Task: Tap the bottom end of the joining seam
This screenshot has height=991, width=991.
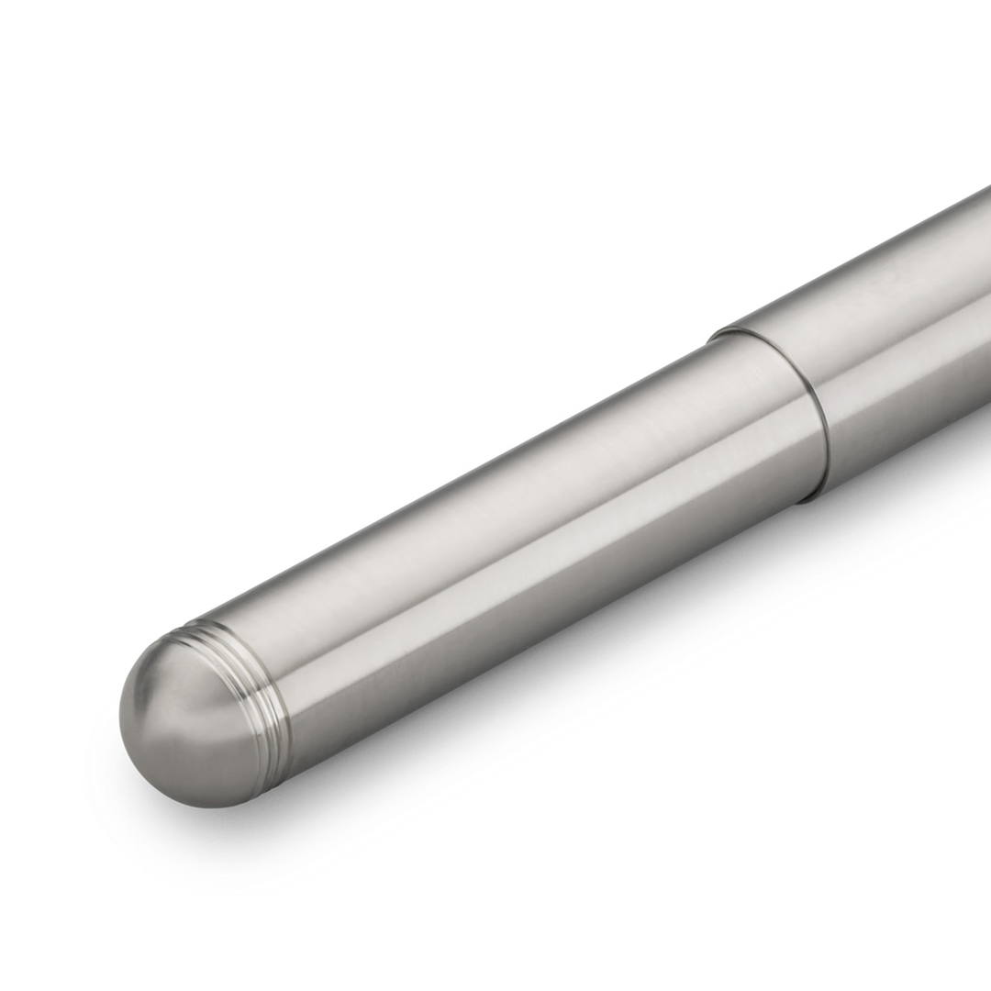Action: coord(807,499)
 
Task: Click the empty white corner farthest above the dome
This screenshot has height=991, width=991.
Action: coord(55,55)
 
